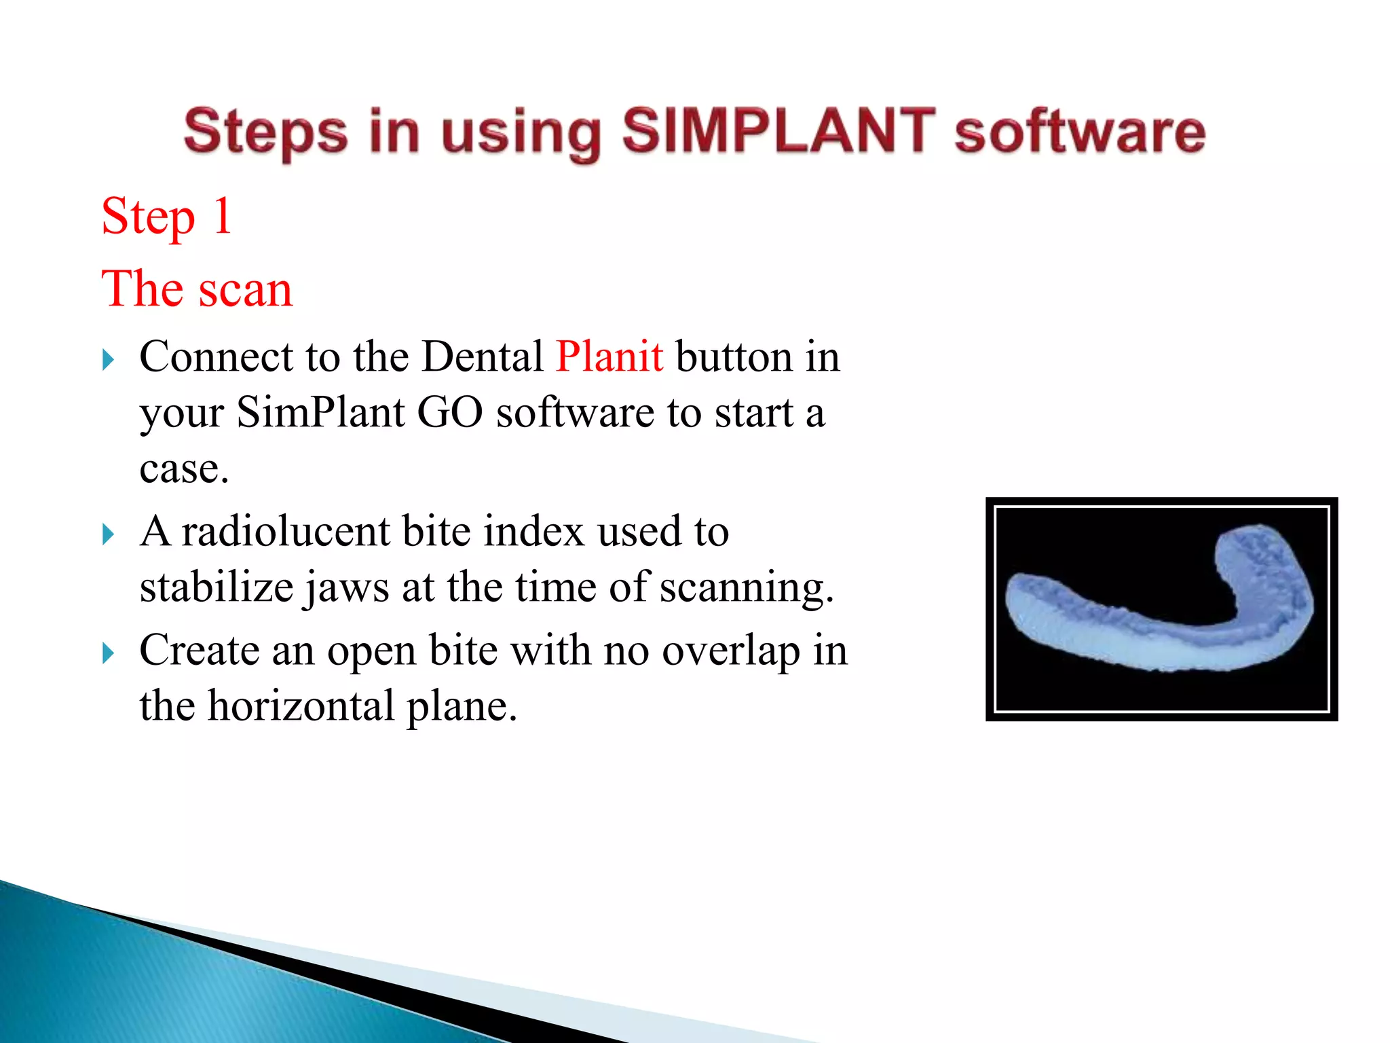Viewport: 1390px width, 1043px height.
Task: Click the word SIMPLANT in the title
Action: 778,130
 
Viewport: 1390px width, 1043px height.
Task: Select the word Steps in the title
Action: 265,132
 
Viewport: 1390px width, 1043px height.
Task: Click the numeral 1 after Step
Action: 223,216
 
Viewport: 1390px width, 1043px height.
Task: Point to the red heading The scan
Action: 197,289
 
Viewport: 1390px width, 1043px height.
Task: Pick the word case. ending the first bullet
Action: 184,469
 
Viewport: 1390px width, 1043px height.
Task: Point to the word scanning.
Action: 747,588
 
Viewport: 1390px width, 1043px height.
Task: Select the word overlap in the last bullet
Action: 730,651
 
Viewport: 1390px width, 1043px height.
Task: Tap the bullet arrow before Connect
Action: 108,359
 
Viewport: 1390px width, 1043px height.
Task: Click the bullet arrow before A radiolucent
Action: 108,534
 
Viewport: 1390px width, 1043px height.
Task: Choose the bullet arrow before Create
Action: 108,654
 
